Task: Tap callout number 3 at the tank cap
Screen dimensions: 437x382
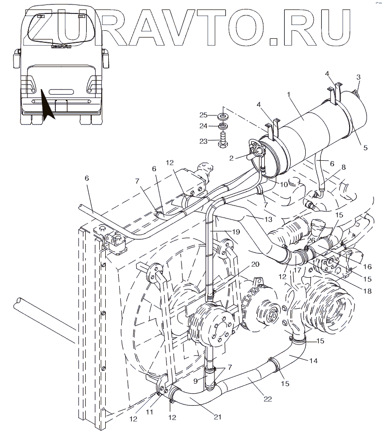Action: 358,77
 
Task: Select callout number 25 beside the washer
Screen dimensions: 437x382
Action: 203,115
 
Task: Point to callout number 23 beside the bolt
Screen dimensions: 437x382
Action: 203,141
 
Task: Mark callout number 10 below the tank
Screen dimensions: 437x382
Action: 284,184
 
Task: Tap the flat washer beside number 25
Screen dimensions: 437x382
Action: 222,116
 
